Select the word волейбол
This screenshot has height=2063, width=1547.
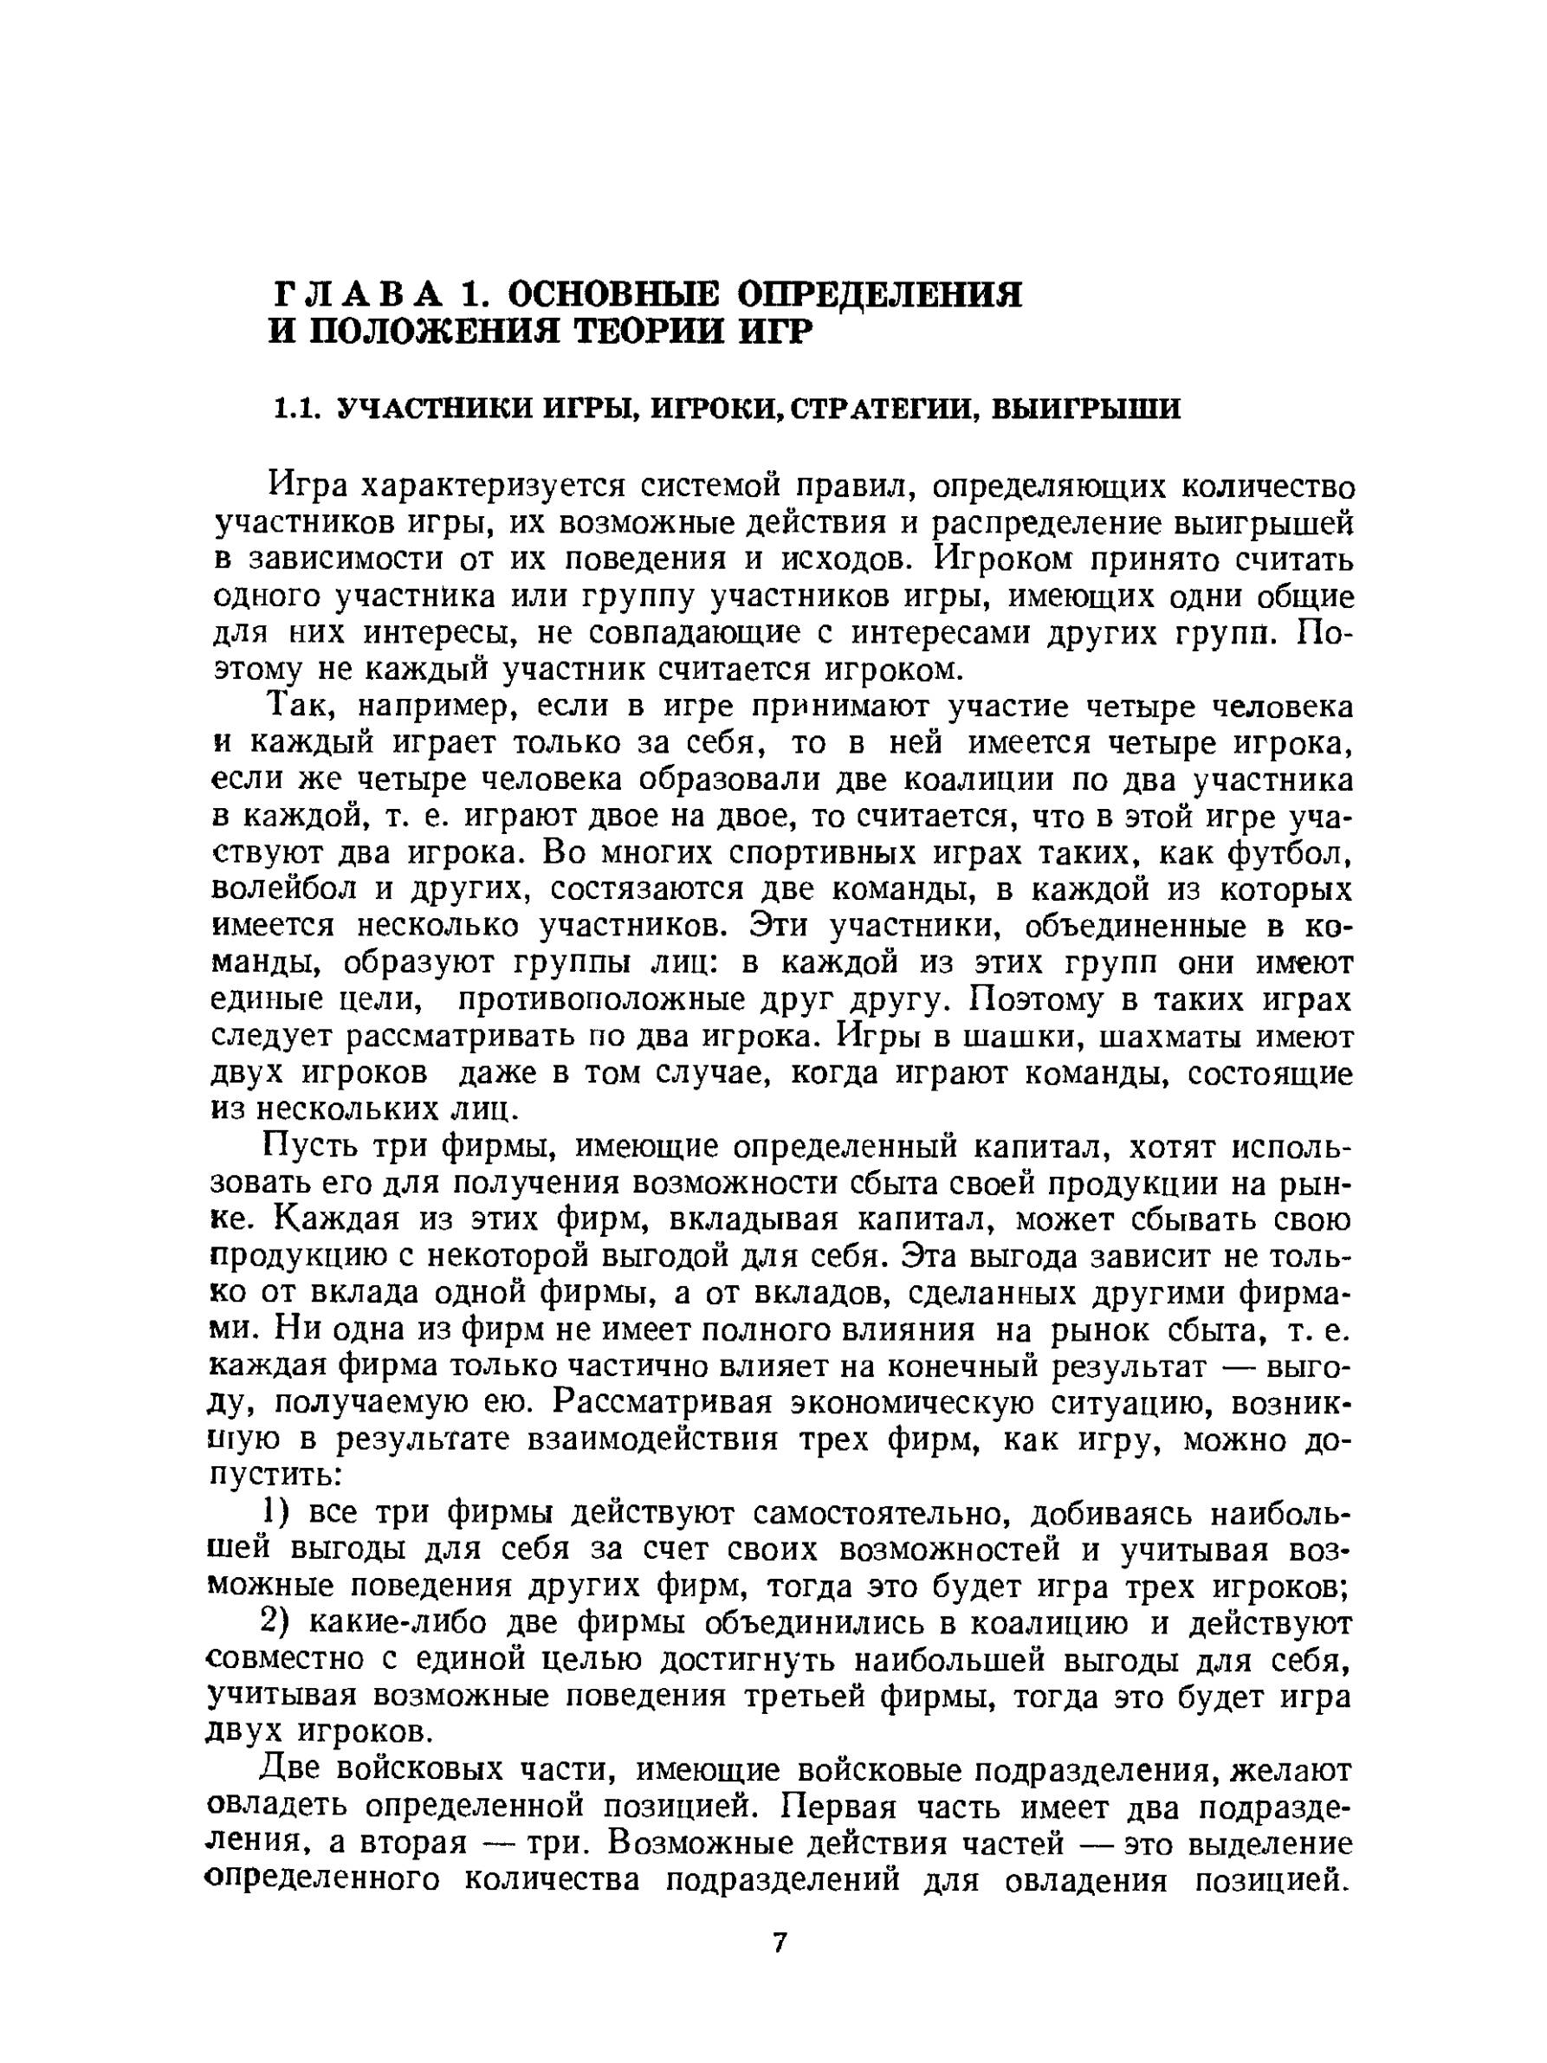283,890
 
